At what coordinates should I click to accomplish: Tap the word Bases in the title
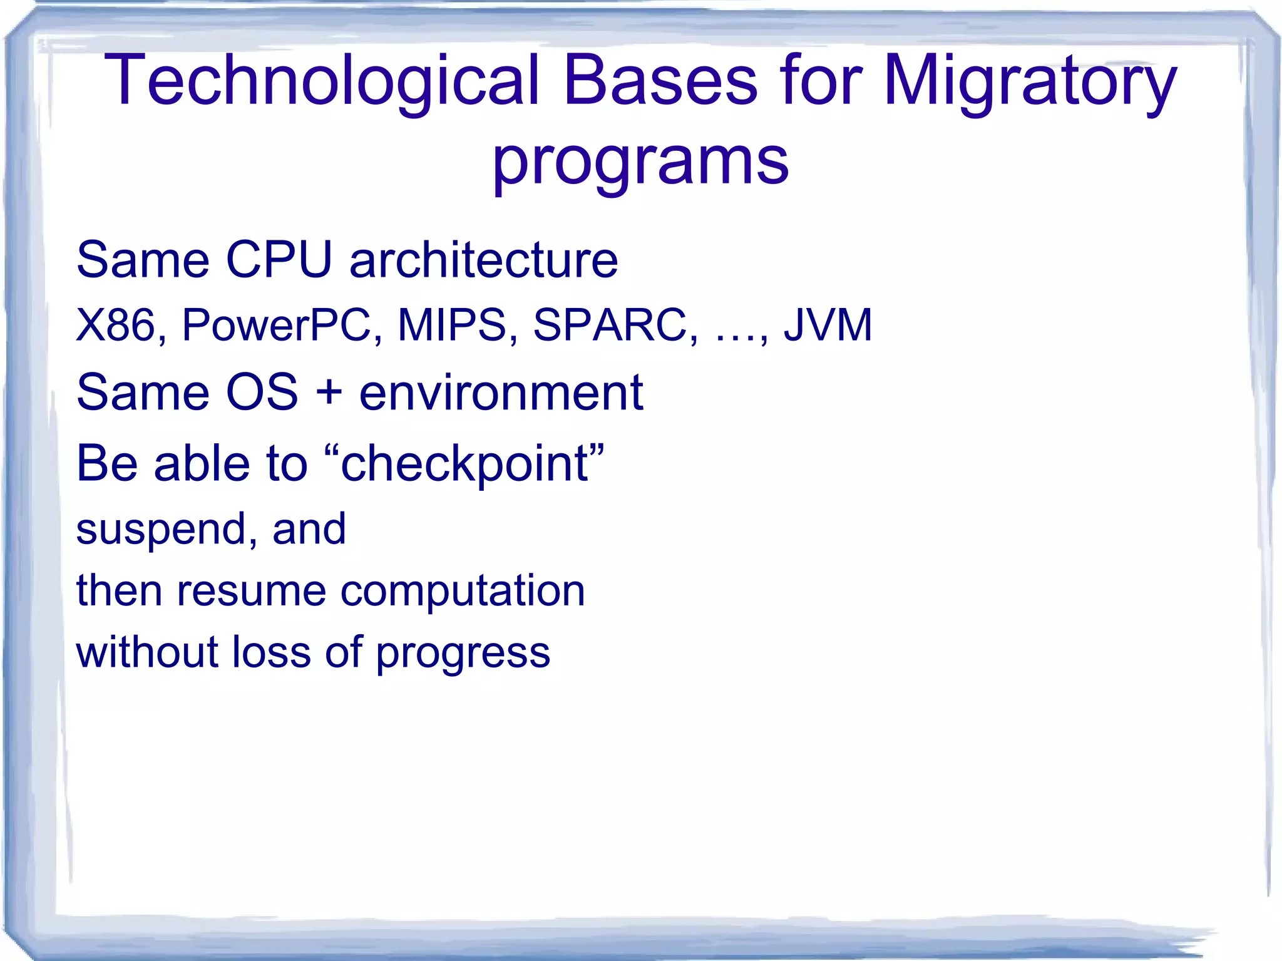click(660, 80)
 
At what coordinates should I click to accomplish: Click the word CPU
click(279, 259)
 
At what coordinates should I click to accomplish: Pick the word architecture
click(484, 259)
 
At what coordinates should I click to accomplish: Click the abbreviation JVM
click(828, 325)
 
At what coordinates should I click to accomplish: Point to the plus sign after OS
click(329, 393)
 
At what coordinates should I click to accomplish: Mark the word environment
click(501, 393)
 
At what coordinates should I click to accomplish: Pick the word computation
click(463, 591)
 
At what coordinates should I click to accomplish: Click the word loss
click(271, 652)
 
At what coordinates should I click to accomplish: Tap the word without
click(148, 652)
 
